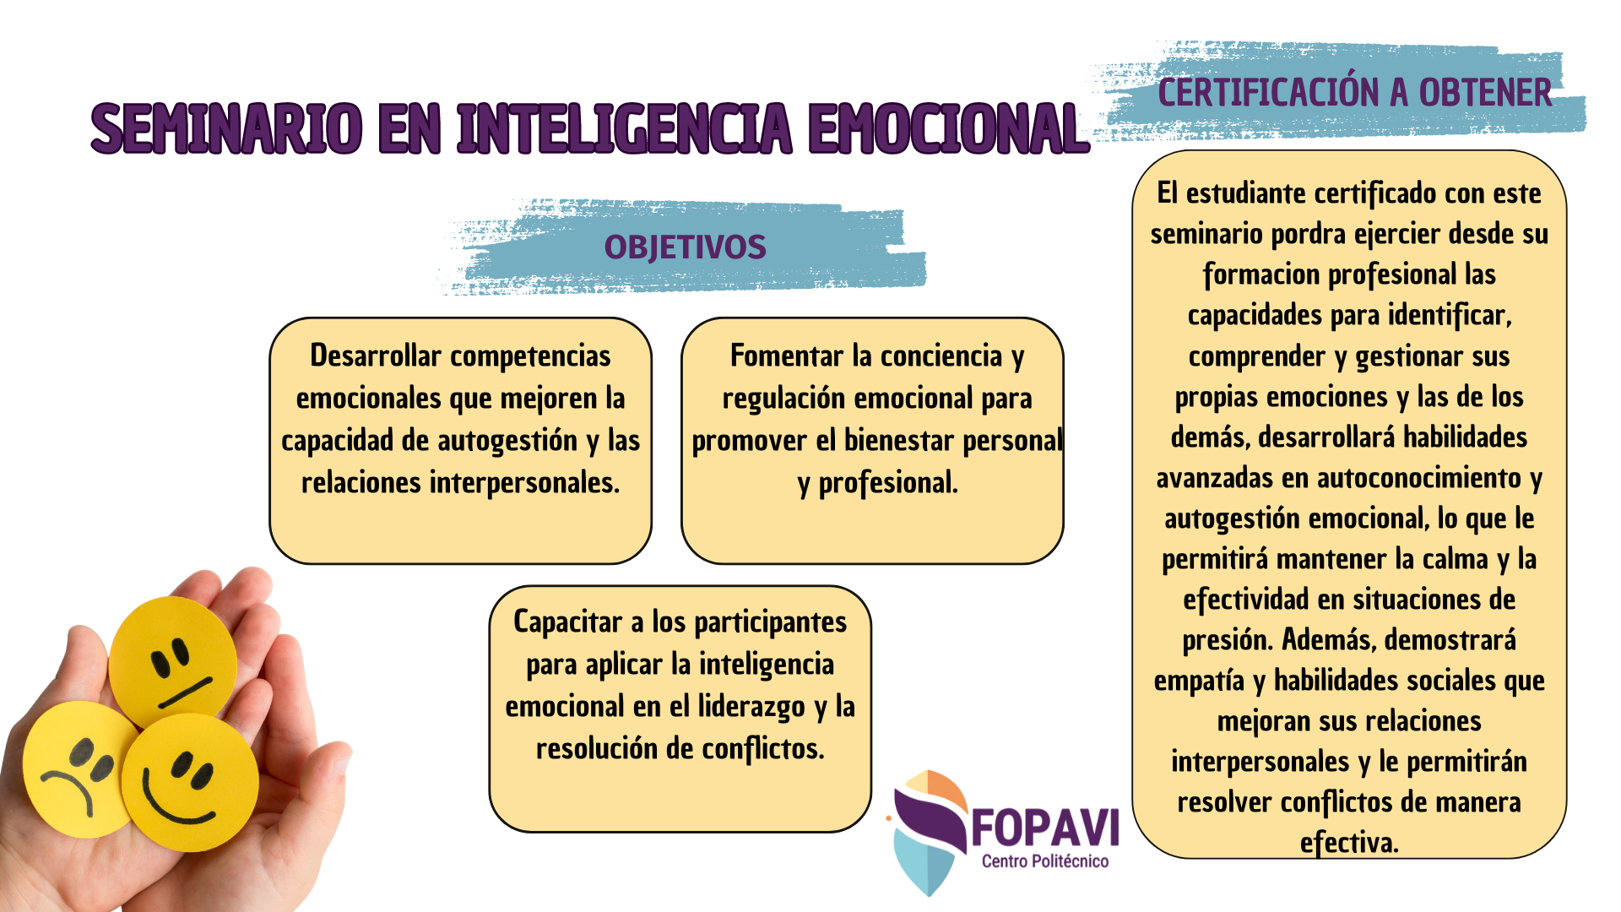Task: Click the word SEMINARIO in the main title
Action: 226,128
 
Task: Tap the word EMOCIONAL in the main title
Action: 948,128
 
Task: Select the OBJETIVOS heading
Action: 685,247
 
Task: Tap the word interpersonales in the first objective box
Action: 524,483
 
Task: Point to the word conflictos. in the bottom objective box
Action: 763,748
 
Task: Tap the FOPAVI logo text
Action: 1045,828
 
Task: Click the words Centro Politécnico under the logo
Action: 1045,861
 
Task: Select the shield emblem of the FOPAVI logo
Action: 929,832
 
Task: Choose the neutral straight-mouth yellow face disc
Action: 174,662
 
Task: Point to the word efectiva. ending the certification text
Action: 1349,843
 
